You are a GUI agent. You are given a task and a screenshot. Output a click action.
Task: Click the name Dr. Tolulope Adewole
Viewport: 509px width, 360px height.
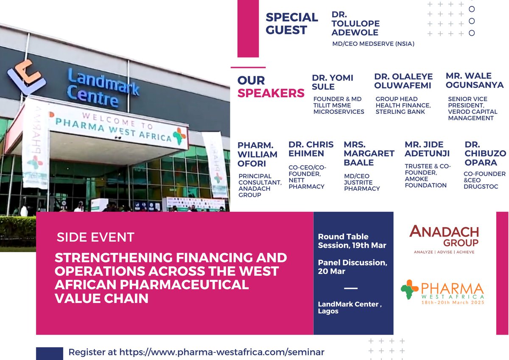point(355,24)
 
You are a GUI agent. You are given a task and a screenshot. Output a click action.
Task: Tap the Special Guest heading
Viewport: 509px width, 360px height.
point(291,24)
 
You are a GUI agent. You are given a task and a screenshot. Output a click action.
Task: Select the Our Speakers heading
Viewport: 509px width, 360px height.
point(271,87)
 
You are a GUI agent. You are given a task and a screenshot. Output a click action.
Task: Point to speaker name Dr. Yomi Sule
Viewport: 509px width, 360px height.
point(333,82)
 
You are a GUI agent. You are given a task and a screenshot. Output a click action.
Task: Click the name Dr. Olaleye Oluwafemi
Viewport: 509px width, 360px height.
point(403,81)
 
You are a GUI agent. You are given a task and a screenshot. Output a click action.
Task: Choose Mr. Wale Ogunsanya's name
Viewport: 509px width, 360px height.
point(475,80)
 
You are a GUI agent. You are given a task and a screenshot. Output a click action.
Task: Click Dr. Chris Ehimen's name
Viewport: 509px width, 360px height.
point(311,149)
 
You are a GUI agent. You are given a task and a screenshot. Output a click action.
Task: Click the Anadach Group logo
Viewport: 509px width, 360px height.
point(444,239)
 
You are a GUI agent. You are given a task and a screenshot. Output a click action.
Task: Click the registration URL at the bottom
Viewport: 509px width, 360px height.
point(196,352)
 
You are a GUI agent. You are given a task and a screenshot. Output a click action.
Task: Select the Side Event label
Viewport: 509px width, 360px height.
point(95,237)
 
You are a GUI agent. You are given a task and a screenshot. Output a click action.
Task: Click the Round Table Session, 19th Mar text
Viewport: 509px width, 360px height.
point(352,241)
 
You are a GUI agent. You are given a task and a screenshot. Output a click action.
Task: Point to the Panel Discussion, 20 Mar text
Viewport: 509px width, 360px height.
point(352,267)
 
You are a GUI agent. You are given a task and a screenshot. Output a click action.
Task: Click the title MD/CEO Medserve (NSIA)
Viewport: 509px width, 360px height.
point(373,43)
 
